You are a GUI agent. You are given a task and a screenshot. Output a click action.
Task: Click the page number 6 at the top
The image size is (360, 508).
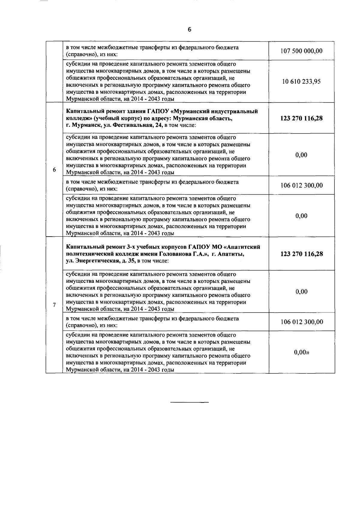click(189, 29)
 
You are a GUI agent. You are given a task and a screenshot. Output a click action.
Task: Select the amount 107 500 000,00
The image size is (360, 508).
click(301, 51)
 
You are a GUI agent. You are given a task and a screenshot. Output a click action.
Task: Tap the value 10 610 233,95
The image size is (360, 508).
click(301, 82)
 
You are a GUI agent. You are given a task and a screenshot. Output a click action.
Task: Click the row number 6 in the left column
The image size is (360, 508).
click(54, 170)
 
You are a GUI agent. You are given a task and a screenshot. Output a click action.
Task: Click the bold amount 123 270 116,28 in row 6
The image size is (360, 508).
click(301, 118)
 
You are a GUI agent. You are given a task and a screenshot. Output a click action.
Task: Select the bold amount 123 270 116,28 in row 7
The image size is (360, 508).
click(301, 254)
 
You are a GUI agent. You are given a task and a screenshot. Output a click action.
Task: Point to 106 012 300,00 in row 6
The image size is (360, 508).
click(301, 185)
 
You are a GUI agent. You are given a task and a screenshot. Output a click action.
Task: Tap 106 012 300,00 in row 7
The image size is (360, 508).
click(301, 322)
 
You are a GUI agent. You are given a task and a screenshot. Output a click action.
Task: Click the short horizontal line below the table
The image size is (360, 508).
click(189, 402)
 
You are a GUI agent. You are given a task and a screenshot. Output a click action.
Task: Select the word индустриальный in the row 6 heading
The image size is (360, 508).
click(236, 112)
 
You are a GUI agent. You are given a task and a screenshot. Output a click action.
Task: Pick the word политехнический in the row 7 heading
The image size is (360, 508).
click(87, 254)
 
